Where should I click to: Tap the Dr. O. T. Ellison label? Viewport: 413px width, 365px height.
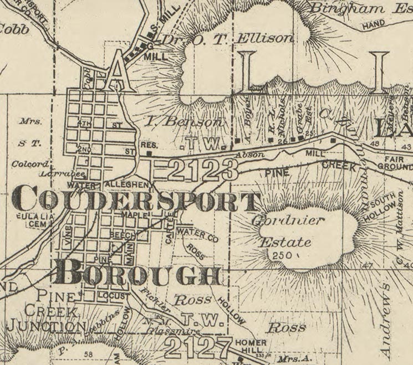click(227, 39)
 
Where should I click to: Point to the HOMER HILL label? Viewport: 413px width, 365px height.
click(251, 347)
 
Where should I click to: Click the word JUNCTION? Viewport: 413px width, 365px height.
click(47, 327)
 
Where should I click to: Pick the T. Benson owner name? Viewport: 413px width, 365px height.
click(185, 121)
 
